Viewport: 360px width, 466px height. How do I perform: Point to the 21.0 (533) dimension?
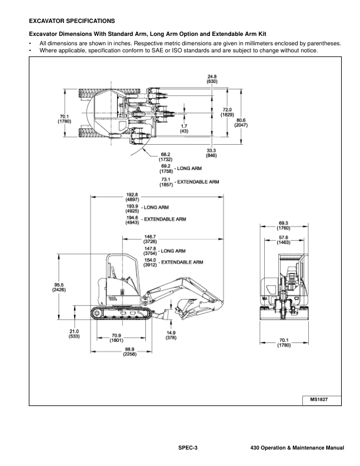coord(74,334)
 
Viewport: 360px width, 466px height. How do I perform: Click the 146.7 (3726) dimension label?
coord(151,238)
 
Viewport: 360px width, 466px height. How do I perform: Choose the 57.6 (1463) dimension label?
coord(284,239)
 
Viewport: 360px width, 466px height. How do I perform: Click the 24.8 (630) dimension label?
coord(212,79)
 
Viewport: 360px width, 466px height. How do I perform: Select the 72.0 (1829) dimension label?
coord(226,111)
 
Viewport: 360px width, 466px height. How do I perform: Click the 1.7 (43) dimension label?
coord(184,128)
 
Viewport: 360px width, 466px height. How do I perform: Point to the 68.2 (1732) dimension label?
coord(166,157)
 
